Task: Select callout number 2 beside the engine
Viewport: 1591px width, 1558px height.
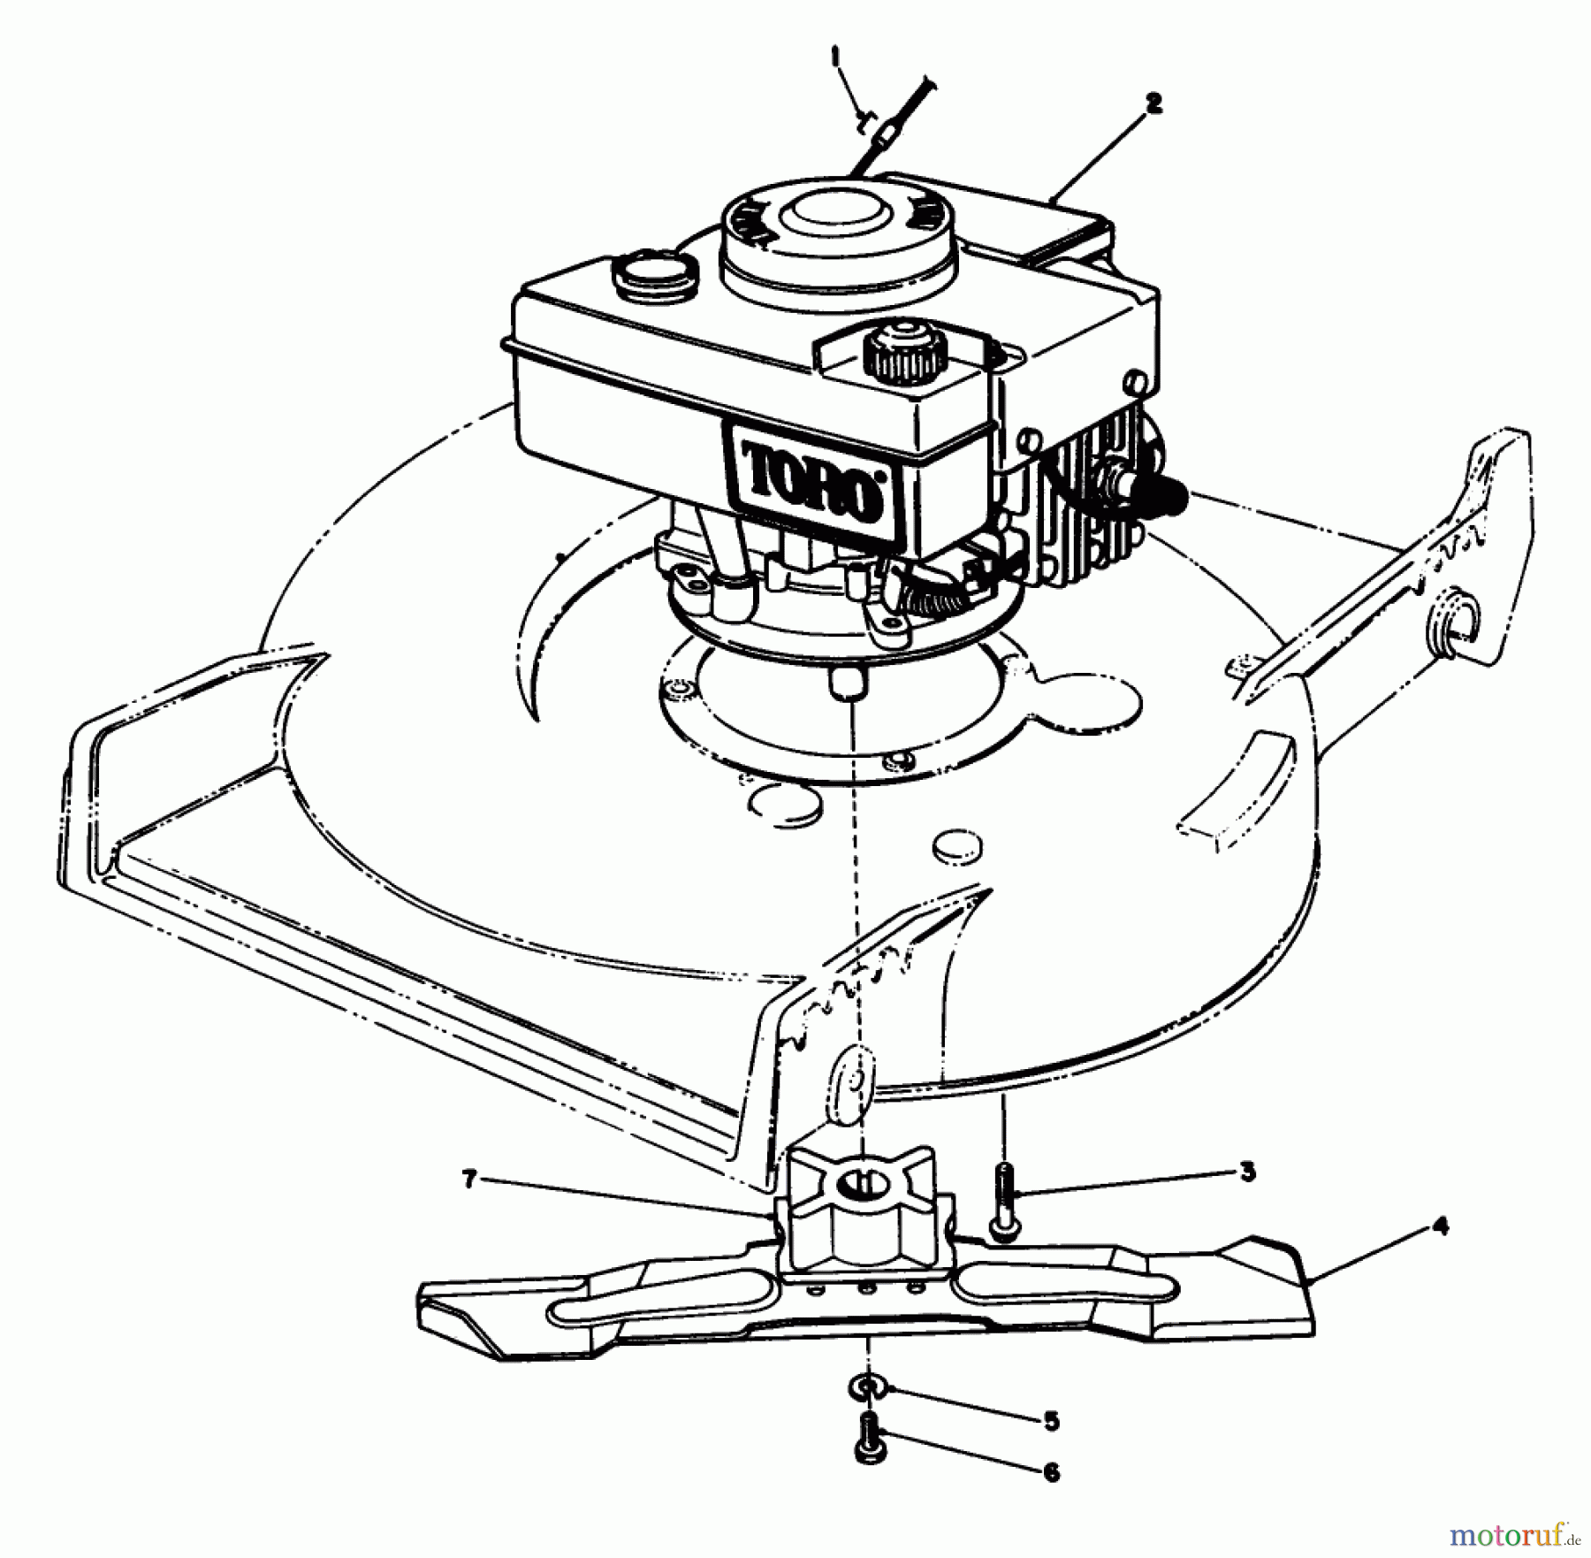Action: pyautogui.click(x=1152, y=104)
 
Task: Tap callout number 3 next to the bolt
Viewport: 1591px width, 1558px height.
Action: pyautogui.click(x=1246, y=1172)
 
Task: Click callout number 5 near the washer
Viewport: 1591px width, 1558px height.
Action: pyautogui.click(x=1050, y=1421)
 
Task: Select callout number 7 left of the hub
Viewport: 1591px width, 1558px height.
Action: pyautogui.click(x=470, y=1179)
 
